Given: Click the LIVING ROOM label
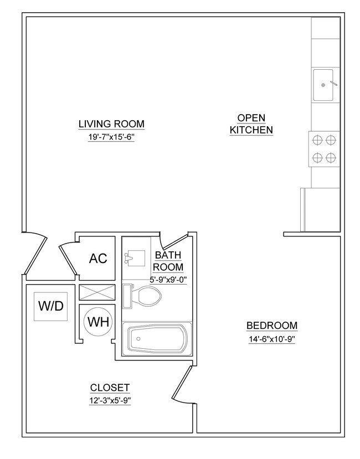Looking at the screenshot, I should (111, 123).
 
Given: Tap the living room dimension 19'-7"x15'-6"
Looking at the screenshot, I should (111, 137).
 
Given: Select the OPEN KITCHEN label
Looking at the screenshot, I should (251, 124).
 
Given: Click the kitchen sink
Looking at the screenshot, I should (323, 85).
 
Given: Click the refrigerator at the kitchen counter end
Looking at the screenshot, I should (320, 209).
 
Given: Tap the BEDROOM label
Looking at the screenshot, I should (272, 326).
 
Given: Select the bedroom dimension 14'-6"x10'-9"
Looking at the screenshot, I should (272, 339).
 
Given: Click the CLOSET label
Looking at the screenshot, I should (110, 388).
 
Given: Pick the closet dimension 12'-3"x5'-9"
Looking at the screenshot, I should (110, 401).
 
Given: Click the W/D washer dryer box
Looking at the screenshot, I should (51, 306).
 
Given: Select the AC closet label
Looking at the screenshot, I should (97, 259).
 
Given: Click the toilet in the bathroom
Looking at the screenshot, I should (145, 296).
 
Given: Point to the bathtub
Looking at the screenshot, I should (157, 337).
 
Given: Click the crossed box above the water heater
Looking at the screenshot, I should (97, 292).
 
